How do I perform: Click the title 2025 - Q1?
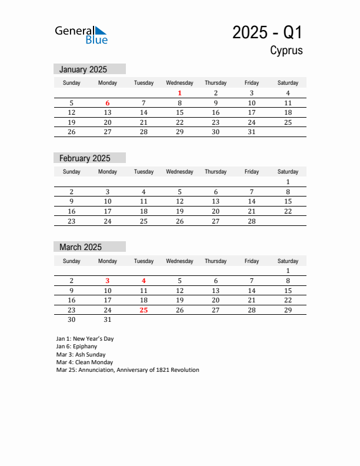coord(267,32)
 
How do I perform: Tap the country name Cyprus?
coord(286,50)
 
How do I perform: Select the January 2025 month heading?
coord(83,69)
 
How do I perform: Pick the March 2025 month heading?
coord(81,247)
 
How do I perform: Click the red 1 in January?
coord(179,93)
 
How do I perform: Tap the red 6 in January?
coord(108,103)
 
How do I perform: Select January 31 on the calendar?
coord(252,132)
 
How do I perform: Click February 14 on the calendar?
coord(252,201)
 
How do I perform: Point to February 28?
coord(252,221)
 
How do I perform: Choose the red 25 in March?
coord(144,310)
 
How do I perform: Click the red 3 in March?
coord(108,281)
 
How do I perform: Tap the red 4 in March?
coord(144,281)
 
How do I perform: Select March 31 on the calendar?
coord(108,320)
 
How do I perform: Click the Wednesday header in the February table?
coord(179,172)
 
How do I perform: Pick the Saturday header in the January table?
coord(288,83)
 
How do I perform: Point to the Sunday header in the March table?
coord(72,261)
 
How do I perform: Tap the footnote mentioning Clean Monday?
coord(84,362)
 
